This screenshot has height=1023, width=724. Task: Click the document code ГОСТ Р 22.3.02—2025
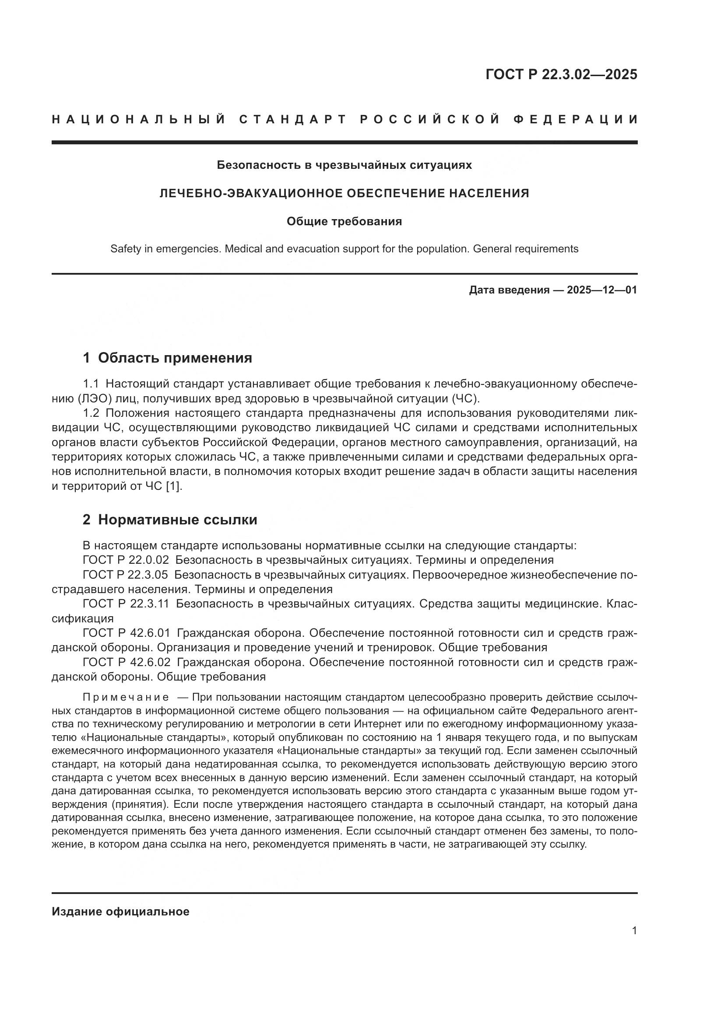click(x=561, y=74)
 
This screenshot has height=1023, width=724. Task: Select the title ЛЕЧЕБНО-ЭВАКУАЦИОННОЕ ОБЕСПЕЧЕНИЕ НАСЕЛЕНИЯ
click(x=344, y=193)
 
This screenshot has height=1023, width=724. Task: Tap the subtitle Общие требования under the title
click(x=344, y=221)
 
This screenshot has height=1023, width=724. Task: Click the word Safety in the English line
click(x=125, y=249)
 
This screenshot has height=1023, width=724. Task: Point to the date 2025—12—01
click(x=601, y=290)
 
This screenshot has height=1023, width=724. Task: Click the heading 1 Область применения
click(x=167, y=358)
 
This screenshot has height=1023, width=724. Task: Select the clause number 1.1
click(x=91, y=384)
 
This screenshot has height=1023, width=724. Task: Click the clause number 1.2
click(x=91, y=413)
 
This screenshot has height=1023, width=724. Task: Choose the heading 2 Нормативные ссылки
click(x=170, y=520)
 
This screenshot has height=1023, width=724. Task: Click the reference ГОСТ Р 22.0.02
click(x=126, y=560)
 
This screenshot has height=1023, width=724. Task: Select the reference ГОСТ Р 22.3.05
click(x=125, y=575)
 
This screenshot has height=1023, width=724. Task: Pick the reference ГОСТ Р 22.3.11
click(x=125, y=604)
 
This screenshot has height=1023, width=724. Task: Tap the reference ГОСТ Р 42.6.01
click(x=126, y=633)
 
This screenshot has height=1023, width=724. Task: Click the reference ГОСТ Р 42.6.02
click(x=126, y=663)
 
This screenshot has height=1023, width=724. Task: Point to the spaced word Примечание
click(x=126, y=697)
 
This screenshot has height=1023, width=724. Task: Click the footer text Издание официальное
click(x=120, y=911)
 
